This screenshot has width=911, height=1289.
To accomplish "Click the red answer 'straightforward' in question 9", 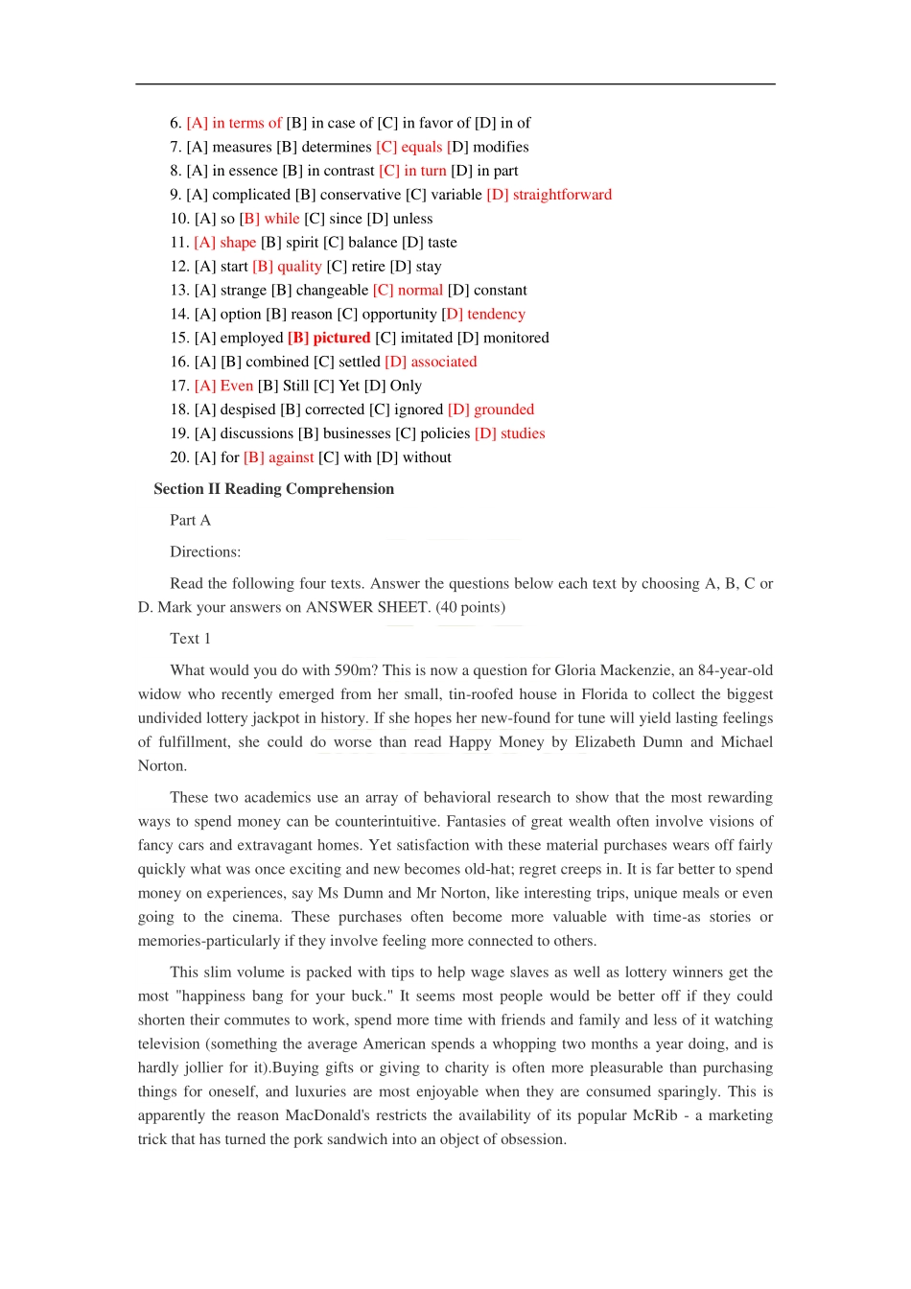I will pos(562,195).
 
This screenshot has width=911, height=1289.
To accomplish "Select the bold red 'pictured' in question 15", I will pos(341,338).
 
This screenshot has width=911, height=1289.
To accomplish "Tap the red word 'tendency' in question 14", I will pos(496,315).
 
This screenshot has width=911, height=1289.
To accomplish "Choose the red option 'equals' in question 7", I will pos(421,147).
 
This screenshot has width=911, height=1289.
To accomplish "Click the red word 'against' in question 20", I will pos(291,457).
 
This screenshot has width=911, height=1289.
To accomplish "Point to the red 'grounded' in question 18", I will pos(503,410).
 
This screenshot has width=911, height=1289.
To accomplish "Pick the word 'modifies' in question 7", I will pos(501,147).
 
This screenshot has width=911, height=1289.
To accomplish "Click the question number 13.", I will pos(179,291).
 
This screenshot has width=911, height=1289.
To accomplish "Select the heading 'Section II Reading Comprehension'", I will pos(273,489).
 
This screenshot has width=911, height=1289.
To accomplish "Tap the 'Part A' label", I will pos(190,520).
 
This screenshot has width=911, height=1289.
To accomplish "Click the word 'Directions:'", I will pos(205,551).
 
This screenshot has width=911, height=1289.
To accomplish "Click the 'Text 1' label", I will pos(190,639).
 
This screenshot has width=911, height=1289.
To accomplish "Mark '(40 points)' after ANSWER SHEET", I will pos(470,607).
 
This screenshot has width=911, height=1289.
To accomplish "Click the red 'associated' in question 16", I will pos(443,362).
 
